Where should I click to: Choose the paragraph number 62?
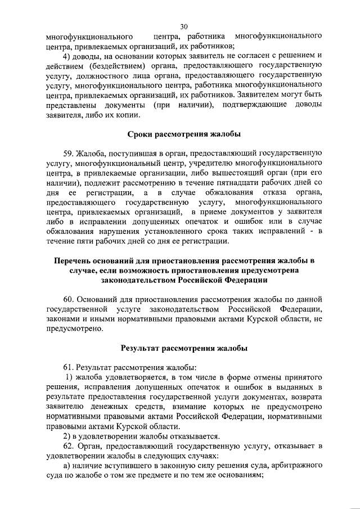coord(71,446)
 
